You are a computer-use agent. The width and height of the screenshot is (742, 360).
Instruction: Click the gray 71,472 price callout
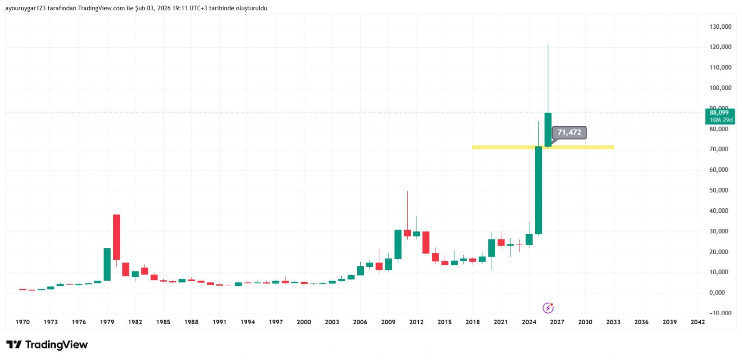click(569, 133)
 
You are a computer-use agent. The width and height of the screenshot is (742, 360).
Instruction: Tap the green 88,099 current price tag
click(719, 116)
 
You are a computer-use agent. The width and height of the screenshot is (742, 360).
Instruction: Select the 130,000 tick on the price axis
click(720, 27)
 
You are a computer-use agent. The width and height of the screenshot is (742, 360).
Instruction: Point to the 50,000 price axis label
click(719, 190)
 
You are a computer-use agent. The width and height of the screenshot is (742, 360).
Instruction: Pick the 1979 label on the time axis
click(107, 322)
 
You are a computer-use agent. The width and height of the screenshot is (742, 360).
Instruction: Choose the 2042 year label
click(697, 322)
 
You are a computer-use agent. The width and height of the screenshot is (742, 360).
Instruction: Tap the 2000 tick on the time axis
click(304, 322)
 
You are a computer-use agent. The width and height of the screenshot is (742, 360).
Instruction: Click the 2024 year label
click(529, 322)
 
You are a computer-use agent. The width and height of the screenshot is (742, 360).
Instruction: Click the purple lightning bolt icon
click(548, 308)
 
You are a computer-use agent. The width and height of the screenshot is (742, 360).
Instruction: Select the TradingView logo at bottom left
click(47, 345)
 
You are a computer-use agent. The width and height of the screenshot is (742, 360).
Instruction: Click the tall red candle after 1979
click(116, 237)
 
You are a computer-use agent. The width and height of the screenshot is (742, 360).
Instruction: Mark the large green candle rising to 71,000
click(538, 190)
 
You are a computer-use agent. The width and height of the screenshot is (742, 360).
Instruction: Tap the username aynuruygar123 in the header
click(25, 8)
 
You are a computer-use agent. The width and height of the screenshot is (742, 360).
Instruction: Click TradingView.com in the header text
click(102, 8)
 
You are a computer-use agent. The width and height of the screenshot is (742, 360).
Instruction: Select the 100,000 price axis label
click(720, 88)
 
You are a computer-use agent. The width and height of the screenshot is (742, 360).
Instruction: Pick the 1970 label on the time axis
click(22, 322)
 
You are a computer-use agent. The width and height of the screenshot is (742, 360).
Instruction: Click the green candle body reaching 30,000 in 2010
click(398, 244)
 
